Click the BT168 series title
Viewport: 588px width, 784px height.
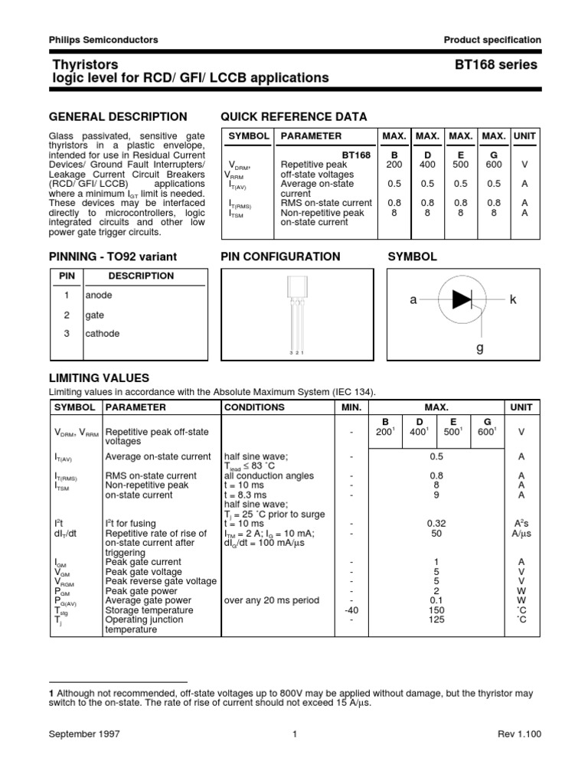tap(497, 65)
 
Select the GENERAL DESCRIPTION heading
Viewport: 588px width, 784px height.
tap(118, 116)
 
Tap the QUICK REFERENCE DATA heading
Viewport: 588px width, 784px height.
tap(293, 116)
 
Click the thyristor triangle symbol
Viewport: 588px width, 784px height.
tap(462, 299)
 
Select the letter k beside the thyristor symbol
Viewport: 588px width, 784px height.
tap(514, 299)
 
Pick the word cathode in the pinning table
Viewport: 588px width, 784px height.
tap(103, 334)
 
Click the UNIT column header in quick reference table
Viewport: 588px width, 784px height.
tap(525, 136)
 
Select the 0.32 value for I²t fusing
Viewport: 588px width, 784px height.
tap(436, 523)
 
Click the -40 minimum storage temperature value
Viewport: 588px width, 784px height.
tap(351, 610)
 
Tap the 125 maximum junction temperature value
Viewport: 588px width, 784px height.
tap(436, 620)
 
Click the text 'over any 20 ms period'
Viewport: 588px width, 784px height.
tap(271, 600)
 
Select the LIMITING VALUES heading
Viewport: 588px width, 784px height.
tap(99, 378)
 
